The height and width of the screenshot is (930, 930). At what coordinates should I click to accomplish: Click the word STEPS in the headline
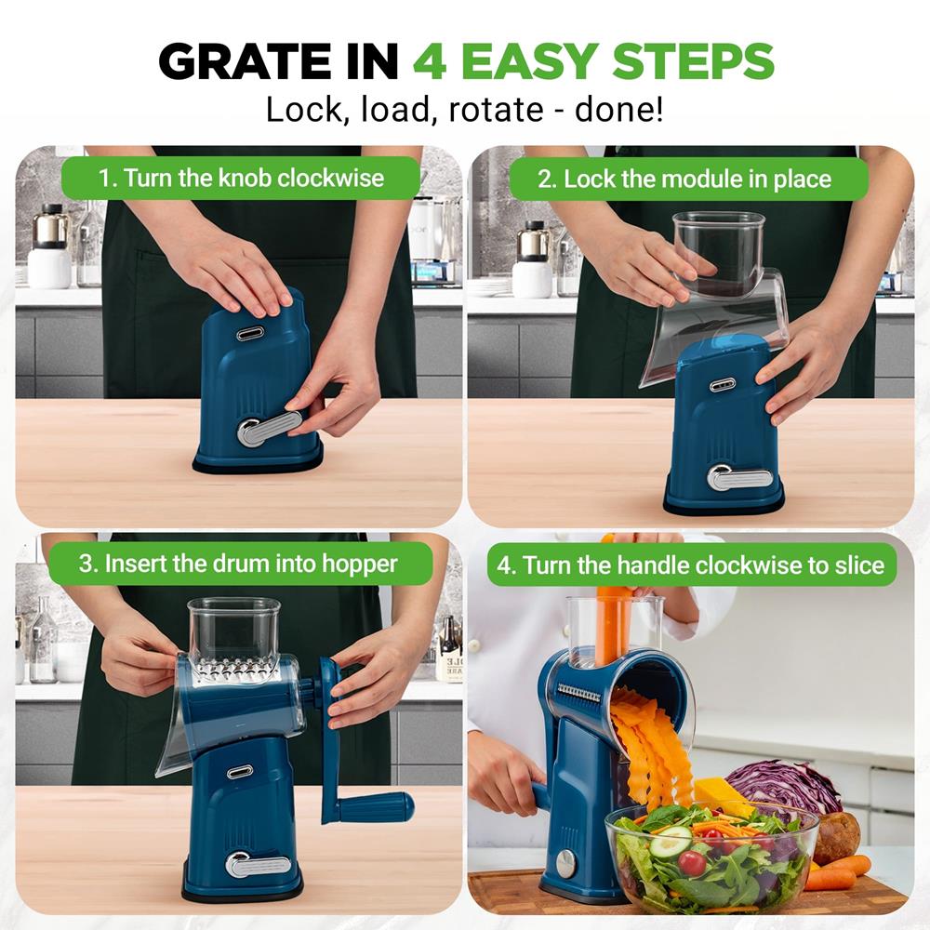pos(694,61)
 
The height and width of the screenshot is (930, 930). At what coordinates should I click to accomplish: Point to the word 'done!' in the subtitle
pos(619,110)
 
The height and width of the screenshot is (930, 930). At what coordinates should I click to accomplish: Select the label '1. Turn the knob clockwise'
pos(242,178)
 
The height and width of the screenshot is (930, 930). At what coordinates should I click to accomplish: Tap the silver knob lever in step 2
pos(738,477)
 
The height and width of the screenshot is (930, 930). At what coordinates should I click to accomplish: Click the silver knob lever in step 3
pos(257,865)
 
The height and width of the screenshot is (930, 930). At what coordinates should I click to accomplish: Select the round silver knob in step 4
pos(566,864)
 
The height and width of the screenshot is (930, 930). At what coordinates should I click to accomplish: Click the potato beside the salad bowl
pos(837,838)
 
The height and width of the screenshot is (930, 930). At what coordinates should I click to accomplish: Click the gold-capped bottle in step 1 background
pos(50,246)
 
